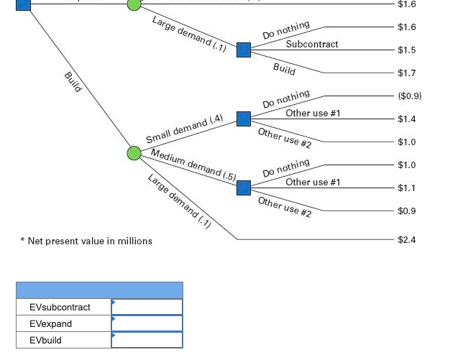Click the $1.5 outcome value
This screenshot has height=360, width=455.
click(x=406, y=50)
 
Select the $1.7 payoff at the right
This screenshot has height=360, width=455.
click(x=406, y=73)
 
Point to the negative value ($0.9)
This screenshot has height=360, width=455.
click(x=409, y=96)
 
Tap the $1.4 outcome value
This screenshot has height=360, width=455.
click(x=406, y=119)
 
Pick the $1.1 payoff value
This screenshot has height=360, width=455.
click(x=406, y=188)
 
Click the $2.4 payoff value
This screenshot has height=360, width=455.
click(x=406, y=240)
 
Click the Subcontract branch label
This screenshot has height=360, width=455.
click(x=312, y=45)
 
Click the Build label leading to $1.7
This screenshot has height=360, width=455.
click(x=284, y=69)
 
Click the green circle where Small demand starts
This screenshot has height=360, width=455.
click(x=134, y=153)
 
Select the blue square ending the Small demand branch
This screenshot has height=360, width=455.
click(x=244, y=119)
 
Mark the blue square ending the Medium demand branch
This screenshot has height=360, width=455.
click(x=244, y=188)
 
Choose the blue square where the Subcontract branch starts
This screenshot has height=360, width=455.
click(x=244, y=50)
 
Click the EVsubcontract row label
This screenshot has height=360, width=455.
click(x=60, y=308)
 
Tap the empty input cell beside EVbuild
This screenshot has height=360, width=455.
click(x=147, y=341)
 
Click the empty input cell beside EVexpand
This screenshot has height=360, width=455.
click(x=147, y=324)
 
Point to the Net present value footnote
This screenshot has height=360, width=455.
click(x=86, y=241)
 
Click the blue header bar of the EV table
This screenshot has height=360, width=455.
click(x=99, y=290)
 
